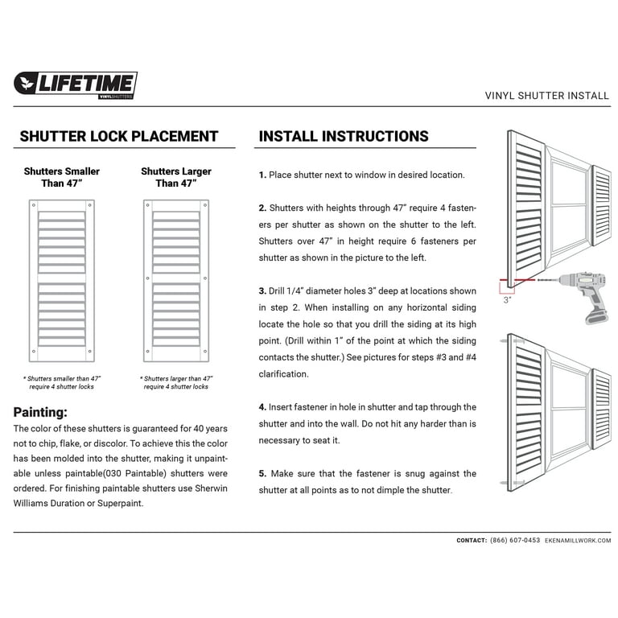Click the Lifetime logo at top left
[76, 84]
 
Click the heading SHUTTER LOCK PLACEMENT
[119, 137]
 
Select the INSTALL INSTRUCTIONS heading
[344, 137]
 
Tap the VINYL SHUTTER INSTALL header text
[547, 95]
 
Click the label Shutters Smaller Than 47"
[62, 177]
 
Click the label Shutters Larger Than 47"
[175, 177]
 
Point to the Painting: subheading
[40, 411]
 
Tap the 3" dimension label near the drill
[507, 299]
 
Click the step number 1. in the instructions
[262, 175]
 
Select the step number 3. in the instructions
[262, 290]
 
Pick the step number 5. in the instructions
[262, 474]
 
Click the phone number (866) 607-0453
[515, 541]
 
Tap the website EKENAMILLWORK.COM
[578, 541]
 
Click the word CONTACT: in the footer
[472, 541]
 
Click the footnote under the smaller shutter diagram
[62, 382]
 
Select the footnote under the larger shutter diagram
[175, 382]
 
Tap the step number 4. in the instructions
[262, 407]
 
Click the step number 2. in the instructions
[262, 208]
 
